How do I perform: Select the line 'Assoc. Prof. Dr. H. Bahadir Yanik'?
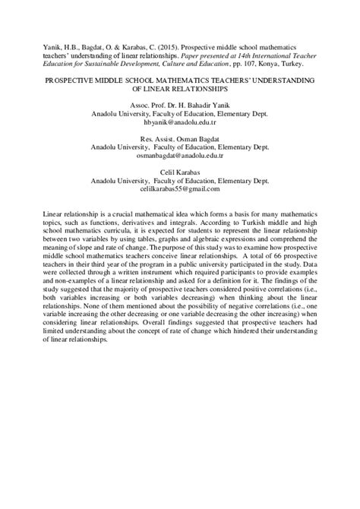pos(179,103)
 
